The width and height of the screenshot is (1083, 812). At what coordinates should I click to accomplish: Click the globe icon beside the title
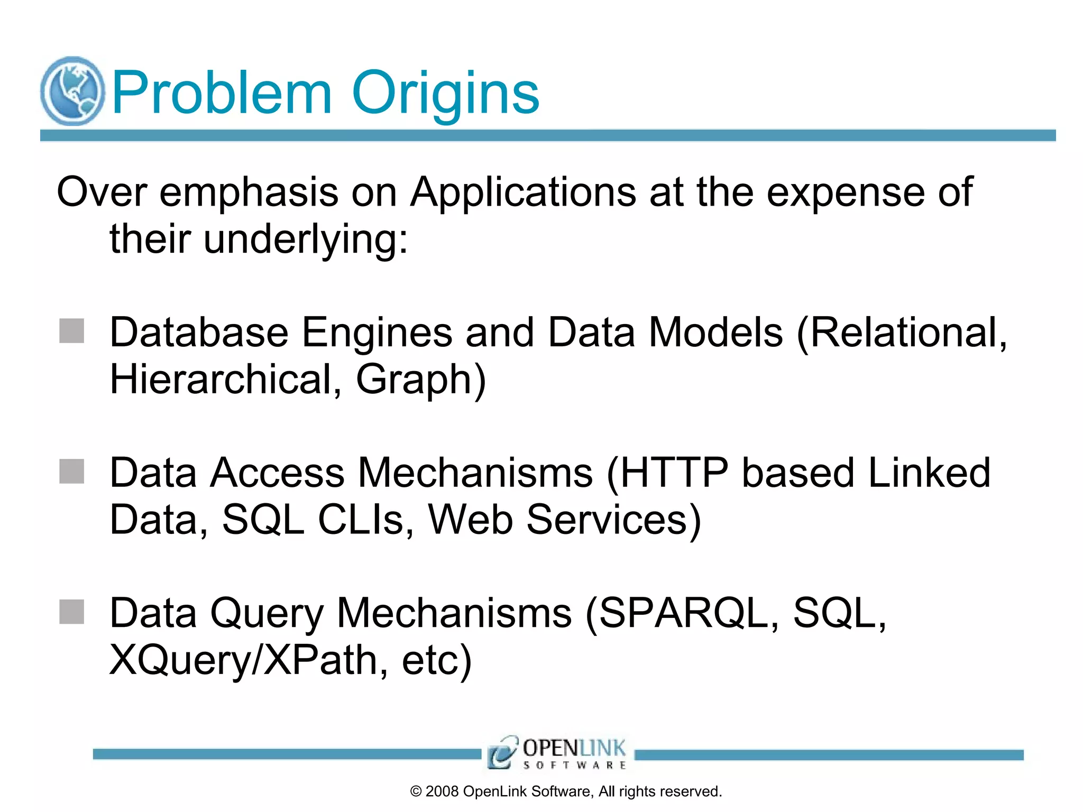(x=72, y=91)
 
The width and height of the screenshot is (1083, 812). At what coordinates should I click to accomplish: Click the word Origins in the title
(x=445, y=94)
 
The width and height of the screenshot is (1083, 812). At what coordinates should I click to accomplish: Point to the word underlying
(x=305, y=239)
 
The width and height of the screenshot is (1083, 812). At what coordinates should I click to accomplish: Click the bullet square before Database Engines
(x=72, y=331)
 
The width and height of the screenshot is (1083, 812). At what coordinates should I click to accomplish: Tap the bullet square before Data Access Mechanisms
(x=72, y=472)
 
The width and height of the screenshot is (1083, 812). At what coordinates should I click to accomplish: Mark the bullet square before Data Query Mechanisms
(x=72, y=612)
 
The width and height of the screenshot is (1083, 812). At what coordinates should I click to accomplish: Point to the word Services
(x=614, y=520)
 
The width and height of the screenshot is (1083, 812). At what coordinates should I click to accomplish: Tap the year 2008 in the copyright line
(x=442, y=791)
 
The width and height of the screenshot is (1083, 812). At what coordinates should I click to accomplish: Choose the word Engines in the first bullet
(x=377, y=333)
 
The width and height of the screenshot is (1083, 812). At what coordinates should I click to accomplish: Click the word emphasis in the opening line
(x=249, y=192)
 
